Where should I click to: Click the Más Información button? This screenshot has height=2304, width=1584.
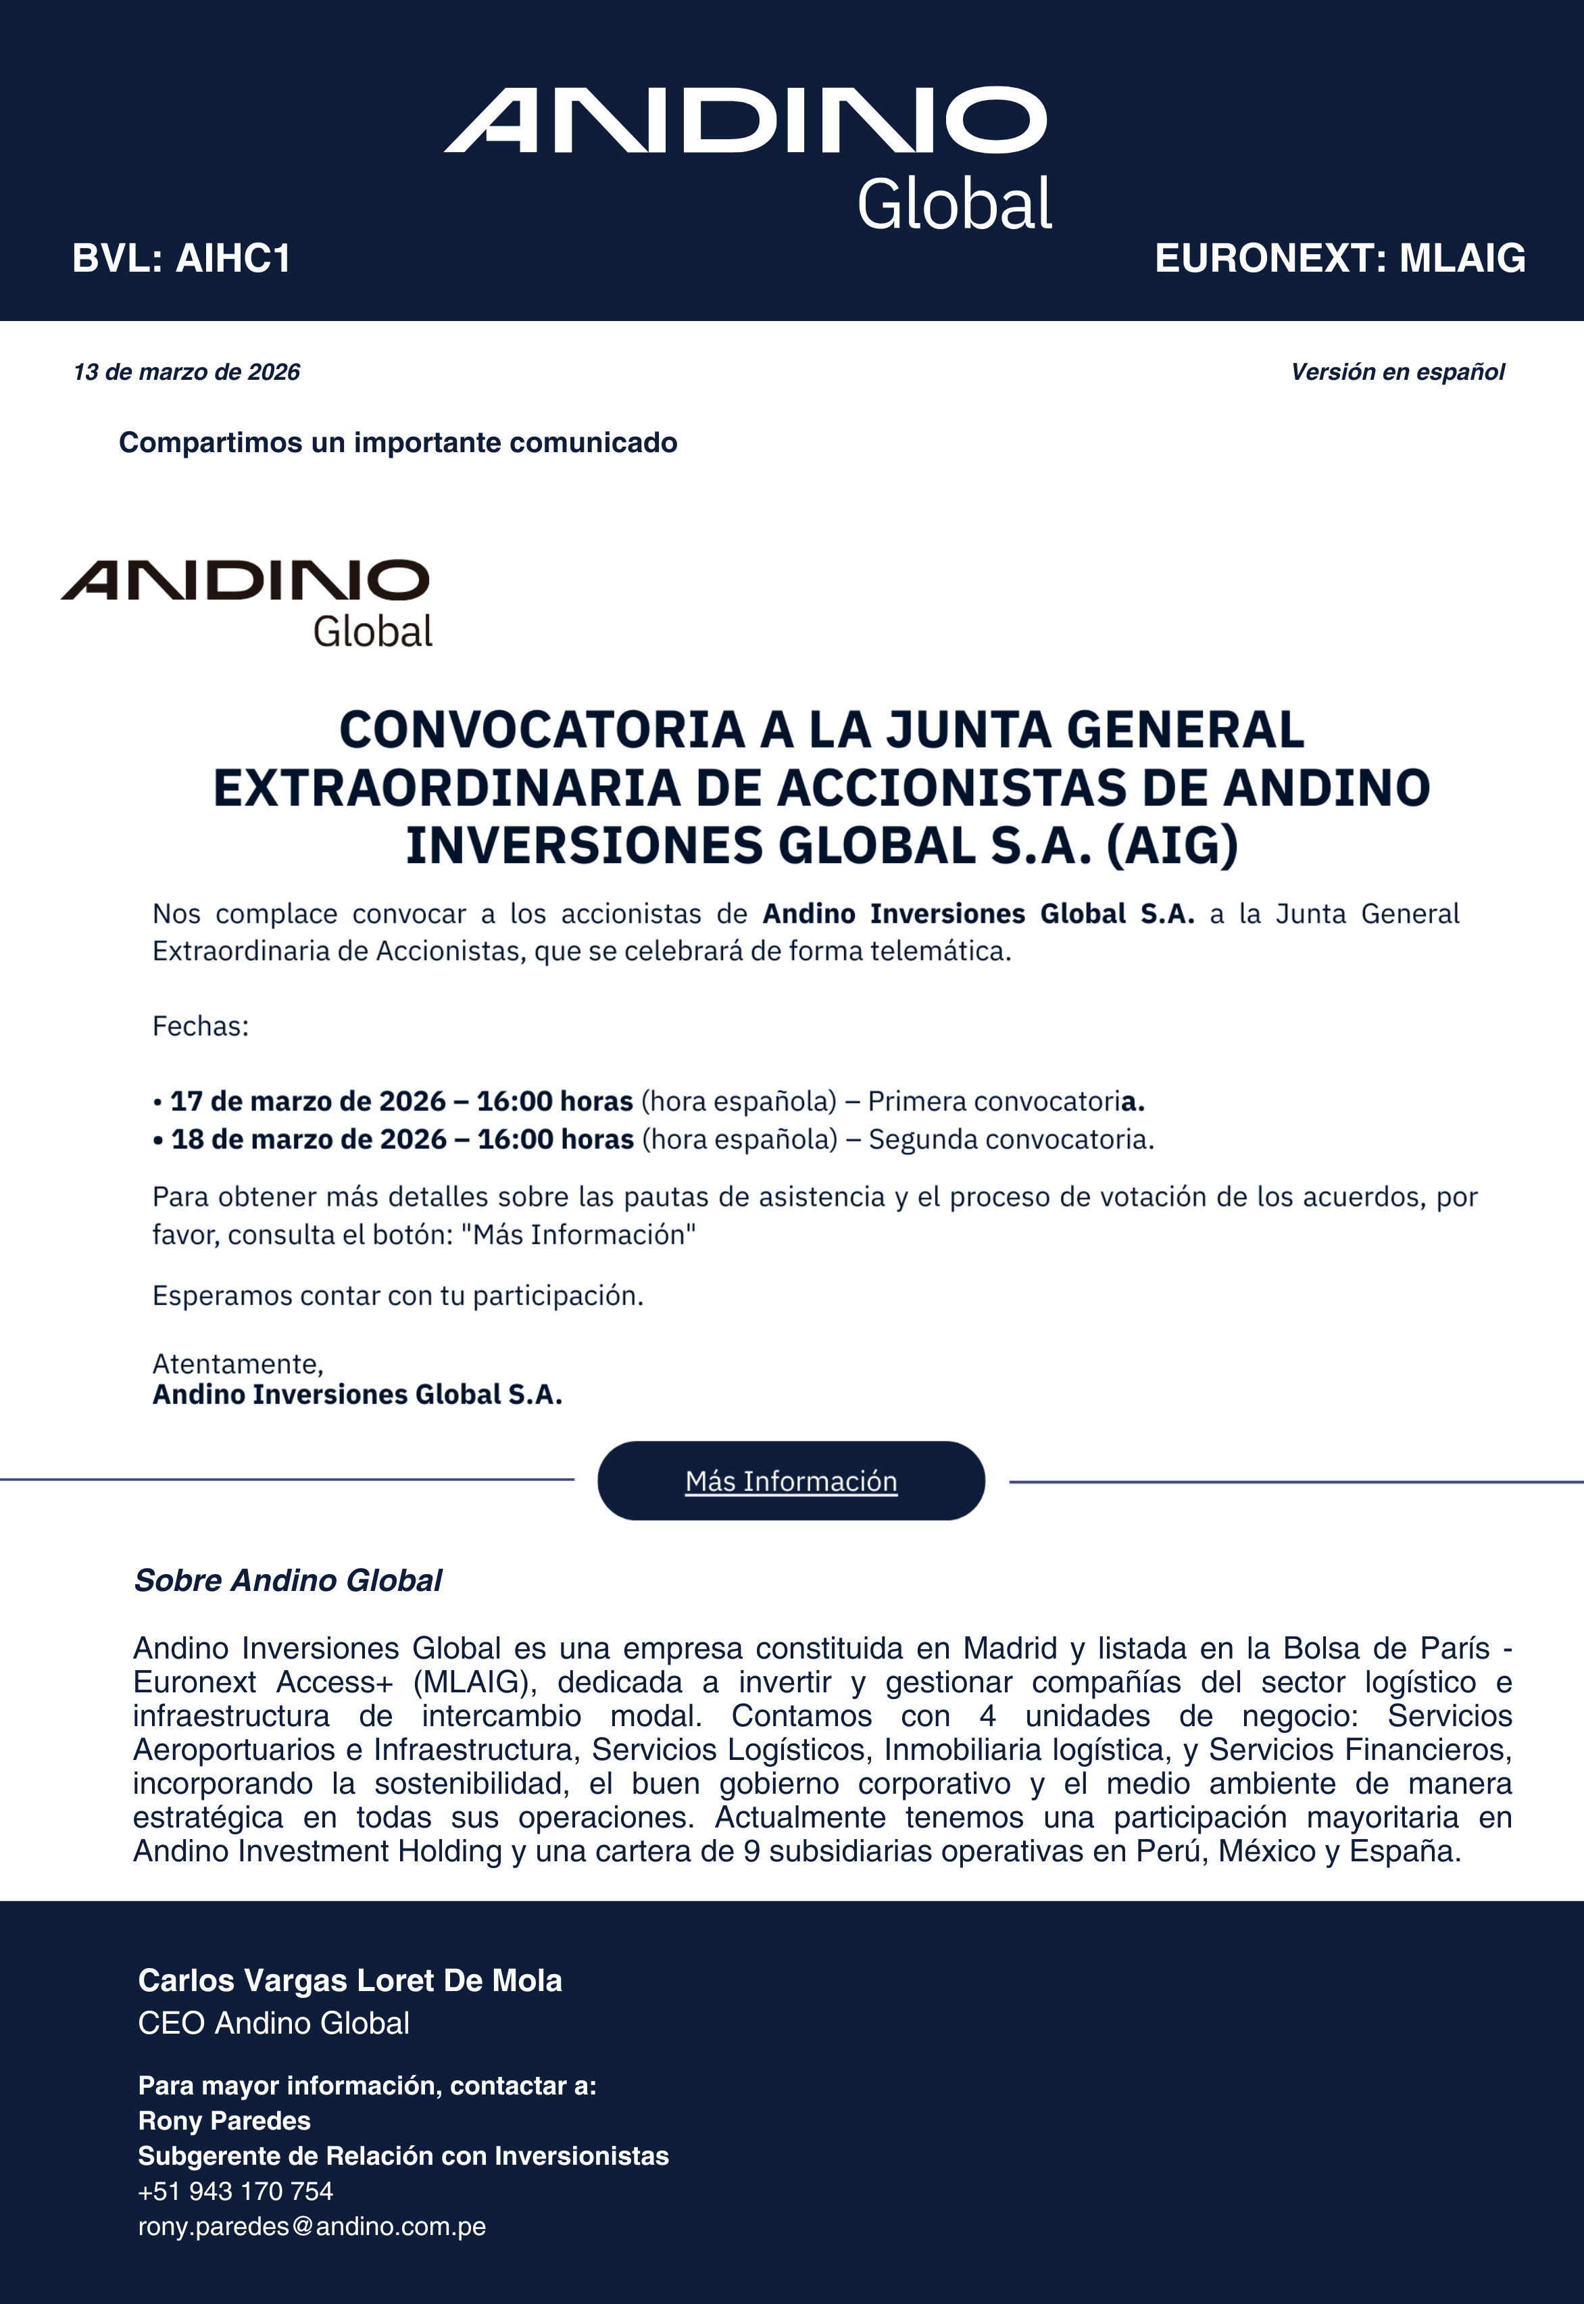click(x=791, y=1481)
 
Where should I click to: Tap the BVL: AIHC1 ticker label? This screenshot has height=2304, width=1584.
click(x=182, y=258)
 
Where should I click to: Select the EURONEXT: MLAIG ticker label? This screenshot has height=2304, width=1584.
click(x=1340, y=258)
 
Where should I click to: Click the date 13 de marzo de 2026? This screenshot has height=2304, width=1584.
click(x=187, y=372)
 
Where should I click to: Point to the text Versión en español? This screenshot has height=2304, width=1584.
click(x=1397, y=372)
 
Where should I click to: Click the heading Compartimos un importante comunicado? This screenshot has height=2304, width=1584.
click(x=398, y=443)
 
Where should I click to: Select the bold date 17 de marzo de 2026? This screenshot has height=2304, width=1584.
click(x=307, y=1101)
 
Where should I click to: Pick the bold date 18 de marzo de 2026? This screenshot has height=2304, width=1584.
click(x=309, y=1139)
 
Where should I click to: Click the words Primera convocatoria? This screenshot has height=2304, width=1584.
click(x=1004, y=1101)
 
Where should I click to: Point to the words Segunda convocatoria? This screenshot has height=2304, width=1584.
click(x=1010, y=1139)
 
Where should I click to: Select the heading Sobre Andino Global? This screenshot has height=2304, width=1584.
click(x=288, y=1579)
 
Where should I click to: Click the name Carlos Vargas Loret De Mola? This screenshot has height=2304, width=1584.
click(x=350, y=1980)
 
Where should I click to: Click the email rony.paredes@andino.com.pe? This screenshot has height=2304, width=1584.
click(x=312, y=2226)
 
